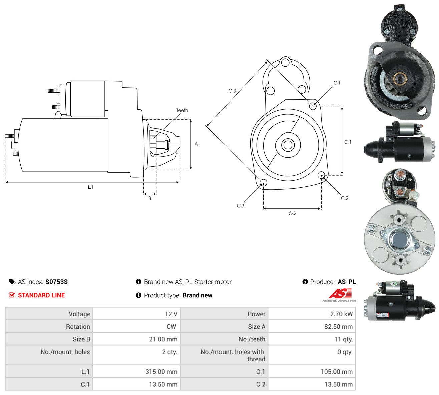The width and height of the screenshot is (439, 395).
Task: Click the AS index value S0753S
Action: click(56, 282)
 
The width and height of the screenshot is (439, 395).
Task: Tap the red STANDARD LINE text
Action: click(41, 295)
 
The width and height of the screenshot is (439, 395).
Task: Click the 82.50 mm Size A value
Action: click(338, 327)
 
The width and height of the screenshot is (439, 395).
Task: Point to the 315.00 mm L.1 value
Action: click(161, 372)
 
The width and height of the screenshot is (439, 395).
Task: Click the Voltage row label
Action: click(79, 314)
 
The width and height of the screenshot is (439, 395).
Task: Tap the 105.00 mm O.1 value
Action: click(337, 372)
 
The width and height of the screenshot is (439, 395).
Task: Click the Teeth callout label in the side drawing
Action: click(182, 110)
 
